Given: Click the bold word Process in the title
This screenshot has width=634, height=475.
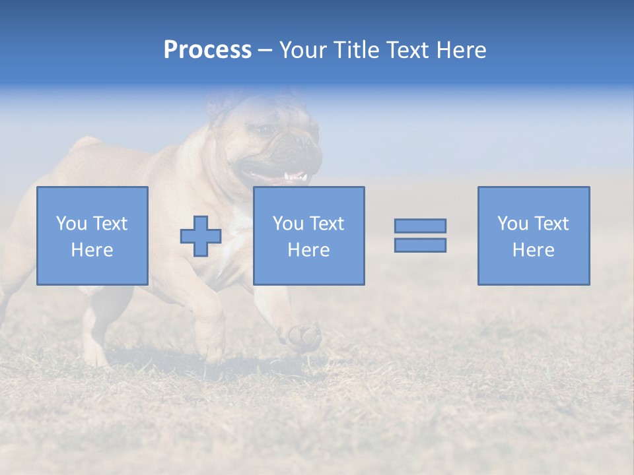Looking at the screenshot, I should pos(207,50).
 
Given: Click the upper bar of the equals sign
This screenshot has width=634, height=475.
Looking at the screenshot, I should pos(420,226).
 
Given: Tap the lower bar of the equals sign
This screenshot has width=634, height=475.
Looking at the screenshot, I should pos(420,245).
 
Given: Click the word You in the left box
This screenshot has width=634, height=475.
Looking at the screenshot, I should pos(71,224).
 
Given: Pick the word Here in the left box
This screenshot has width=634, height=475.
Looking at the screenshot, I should pos(92,250).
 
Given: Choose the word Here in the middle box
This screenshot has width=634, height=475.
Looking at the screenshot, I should pos(308,250).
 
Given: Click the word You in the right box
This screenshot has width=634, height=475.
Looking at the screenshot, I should pos(512,224).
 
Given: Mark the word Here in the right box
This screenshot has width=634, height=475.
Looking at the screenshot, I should pos(533,250).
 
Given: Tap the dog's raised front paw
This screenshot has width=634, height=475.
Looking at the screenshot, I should pos(304,336).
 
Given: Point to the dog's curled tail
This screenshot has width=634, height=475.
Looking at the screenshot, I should pos(85,144).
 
